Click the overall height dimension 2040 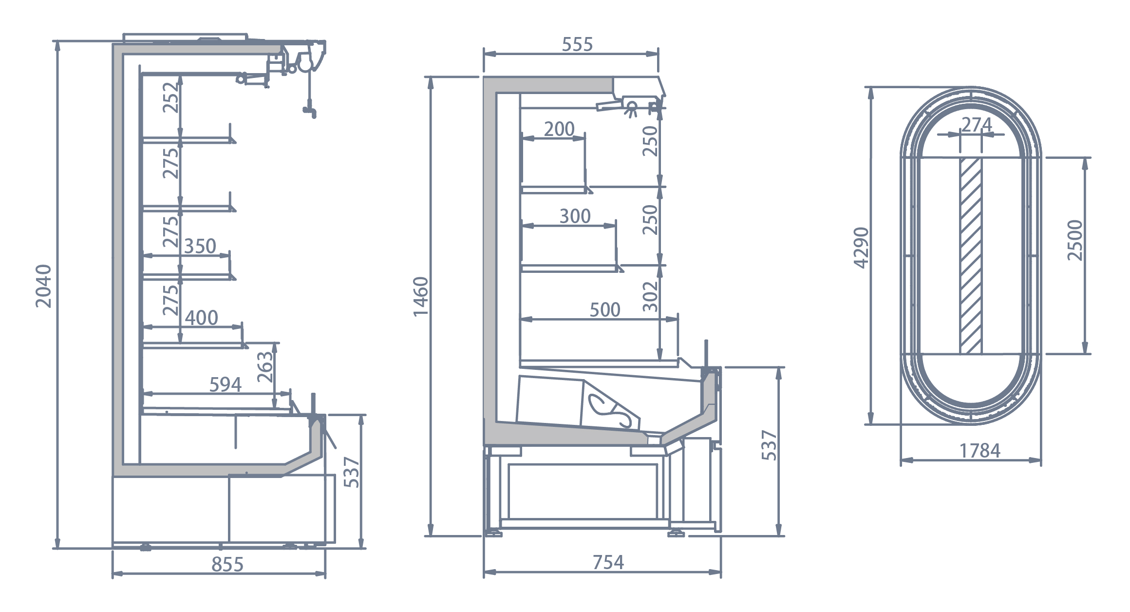point(43,286)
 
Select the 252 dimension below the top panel point(171,97)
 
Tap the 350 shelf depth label point(200,246)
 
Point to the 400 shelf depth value point(201,318)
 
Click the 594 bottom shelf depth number point(225,384)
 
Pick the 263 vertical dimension point(265,367)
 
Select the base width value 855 point(227,564)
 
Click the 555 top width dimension point(577,44)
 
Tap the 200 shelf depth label point(559,129)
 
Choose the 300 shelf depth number point(575,216)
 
